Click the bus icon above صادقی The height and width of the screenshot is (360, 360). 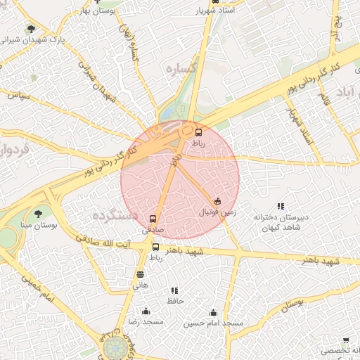point(154,219)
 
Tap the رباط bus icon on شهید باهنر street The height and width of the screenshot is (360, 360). point(155,247)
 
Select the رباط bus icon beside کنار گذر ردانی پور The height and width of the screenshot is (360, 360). point(198,132)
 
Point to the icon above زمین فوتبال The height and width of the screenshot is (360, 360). point(217,201)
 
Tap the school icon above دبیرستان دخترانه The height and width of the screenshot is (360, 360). point(280,206)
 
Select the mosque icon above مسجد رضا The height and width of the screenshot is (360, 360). point(146,311)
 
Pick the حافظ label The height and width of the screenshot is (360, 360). point(174,300)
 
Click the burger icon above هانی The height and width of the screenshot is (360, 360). point(141,275)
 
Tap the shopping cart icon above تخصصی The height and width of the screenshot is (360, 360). point(347,340)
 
